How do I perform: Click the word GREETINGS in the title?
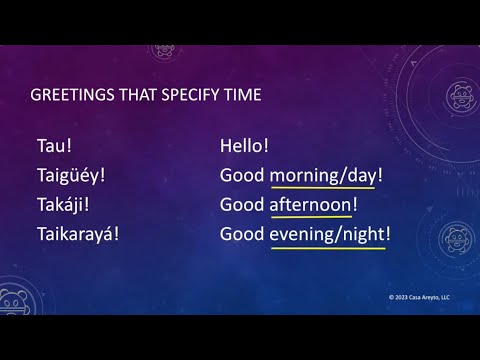coord(71,96)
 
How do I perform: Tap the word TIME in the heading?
coord(240,96)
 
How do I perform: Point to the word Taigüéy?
coord(71,176)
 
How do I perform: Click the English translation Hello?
coord(245,146)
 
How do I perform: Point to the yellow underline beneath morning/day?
coord(322,189)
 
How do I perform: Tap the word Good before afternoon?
coord(241,205)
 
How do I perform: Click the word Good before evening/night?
coord(241,234)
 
